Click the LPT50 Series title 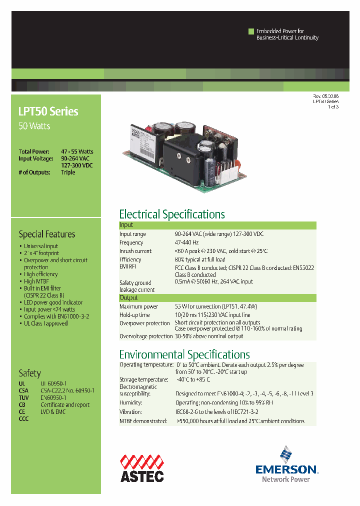[48, 111]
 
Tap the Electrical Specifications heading [172, 214]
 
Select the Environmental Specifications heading [184, 354]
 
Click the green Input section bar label [126, 225]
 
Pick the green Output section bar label [128, 297]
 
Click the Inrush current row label [135, 251]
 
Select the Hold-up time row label [134, 315]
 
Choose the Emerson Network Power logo [286, 465]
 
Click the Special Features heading [47, 234]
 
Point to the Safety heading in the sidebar [29, 373]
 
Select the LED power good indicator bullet [53, 302]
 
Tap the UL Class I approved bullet [45, 323]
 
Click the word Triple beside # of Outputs [68, 172]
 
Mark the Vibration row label [130, 412]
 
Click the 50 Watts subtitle [34, 126]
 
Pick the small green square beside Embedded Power [251, 31]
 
